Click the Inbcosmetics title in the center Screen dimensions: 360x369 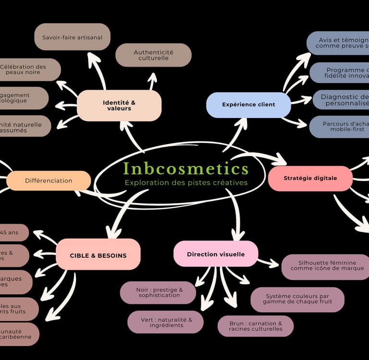[186, 168]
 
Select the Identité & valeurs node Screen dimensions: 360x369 [119, 105]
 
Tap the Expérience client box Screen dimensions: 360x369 [248, 105]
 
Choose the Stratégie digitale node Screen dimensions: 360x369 [310, 178]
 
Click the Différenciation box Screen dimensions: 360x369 [49, 181]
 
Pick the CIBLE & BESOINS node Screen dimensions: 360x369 [98, 255]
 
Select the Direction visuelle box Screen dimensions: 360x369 [216, 254]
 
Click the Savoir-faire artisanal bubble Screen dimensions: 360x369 [72, 37]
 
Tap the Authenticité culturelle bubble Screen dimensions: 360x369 [153, 55]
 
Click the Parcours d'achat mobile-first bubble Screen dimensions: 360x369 [340, 127]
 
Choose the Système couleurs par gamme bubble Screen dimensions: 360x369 [297, 299]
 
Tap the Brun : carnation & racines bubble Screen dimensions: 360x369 [255, 326]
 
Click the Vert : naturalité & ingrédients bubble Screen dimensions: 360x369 [165, 322]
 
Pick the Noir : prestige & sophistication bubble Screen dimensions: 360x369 [158, 293]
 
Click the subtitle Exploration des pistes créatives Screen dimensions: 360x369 [186, 183]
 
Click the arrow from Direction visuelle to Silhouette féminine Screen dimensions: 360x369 [269, 263]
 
